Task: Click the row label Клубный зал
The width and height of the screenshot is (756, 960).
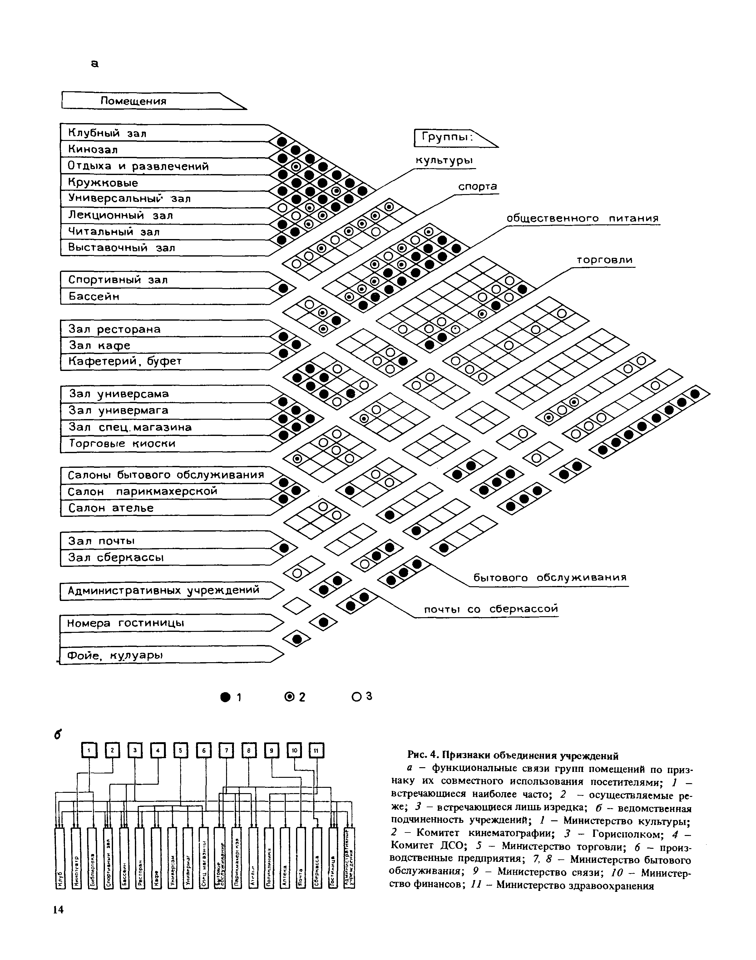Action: (107, 133)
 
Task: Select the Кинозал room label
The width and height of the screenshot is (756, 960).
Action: (93, 149)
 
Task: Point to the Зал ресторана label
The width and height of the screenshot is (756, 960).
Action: (114, 329)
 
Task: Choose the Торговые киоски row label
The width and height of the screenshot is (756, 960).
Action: (122, 443)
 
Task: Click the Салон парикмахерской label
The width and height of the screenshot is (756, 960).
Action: (142, 491)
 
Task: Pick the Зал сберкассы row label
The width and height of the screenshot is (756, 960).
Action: (116, 557)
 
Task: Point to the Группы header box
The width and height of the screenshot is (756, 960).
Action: (447, 138)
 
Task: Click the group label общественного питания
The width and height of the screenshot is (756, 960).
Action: (582, 218)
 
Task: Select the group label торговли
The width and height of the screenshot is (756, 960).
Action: (605, 260)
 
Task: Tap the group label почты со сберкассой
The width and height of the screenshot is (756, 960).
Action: (491, 609)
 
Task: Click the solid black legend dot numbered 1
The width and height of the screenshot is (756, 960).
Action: (225, 697)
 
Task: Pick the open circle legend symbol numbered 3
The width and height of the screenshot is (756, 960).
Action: (356, 697)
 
